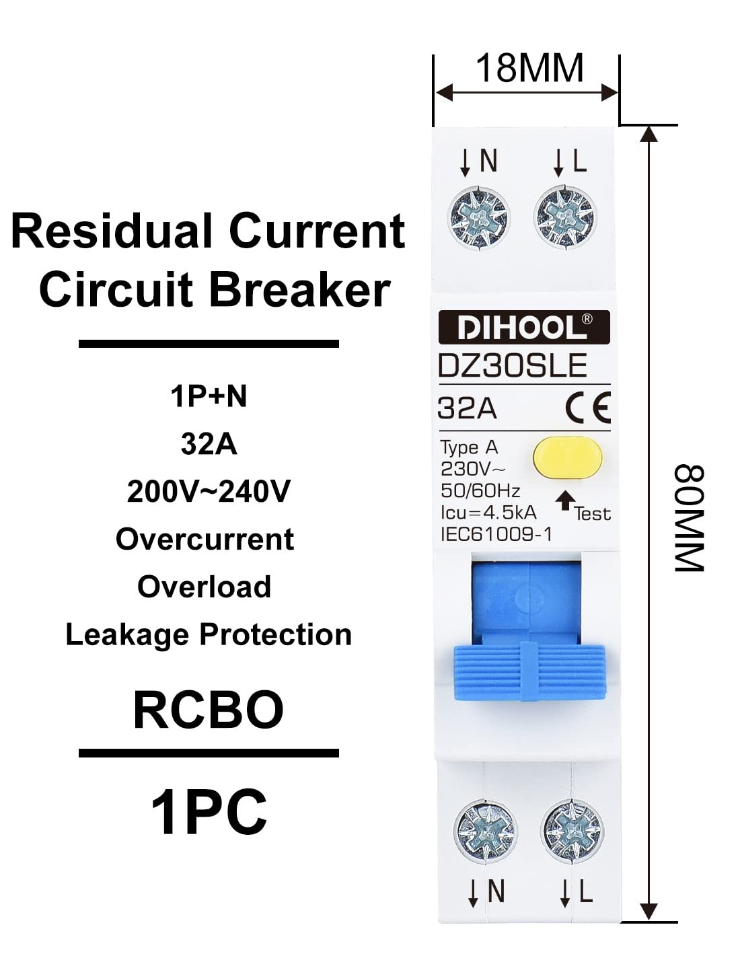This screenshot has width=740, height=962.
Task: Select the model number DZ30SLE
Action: tap(513, 367)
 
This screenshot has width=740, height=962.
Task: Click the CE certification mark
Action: tap(587, 408)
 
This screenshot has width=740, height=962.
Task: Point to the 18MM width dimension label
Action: tap(529, 69)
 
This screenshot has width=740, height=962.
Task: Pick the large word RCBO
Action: tap(209, 710)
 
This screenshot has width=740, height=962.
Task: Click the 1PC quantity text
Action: tap(209, 812)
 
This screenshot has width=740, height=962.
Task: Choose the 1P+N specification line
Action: tap(209, 396)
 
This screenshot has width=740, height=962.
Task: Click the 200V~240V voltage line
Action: tap(209, 492)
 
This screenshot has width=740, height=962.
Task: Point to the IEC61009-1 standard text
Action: tap(496, 534)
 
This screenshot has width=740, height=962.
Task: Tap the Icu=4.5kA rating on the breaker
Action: tap(488, 513)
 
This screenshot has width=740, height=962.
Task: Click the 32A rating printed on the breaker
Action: tap(467, 408)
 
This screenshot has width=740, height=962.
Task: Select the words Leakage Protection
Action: tap(209, 635)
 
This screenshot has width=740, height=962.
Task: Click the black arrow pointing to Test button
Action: tap(566, 500)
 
